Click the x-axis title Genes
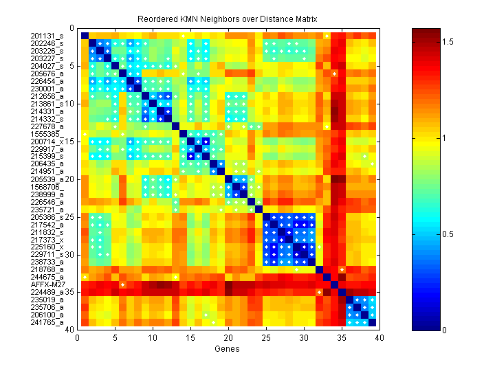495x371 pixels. tap(228, 350)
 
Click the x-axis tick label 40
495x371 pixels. tap(378, 338)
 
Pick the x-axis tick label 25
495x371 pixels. tap(265, 338)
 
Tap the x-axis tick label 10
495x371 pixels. tap(153, 338)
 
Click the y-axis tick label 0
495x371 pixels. tap(71, 28)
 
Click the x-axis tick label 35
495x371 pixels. tap(340, 338)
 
